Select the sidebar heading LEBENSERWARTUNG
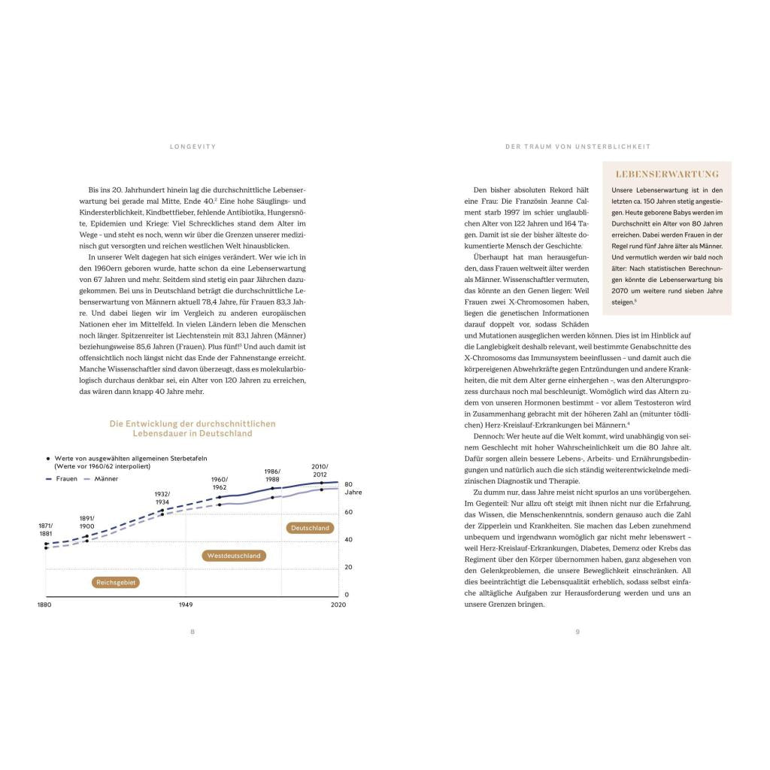[x=667, y=174]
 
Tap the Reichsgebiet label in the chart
[x=116, y=582]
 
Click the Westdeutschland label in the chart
[x=234, y=556]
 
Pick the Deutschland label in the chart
[x=310, y=528]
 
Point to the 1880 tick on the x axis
[x=45, y=605]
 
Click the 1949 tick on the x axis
[x=186, y=605]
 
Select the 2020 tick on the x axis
[x=338, y=605]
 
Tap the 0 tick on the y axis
[x=347, y=595]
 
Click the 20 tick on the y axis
[x=348, y=567]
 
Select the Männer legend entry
[x=102, y=478]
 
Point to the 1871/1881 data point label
[x=46, y=529]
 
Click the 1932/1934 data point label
[x=162, y=498]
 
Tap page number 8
[x=192, y=632]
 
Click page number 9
[x=577, y=632]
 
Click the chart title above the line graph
[x=192, y=429]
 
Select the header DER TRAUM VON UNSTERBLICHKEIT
[x=577, y=147]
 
